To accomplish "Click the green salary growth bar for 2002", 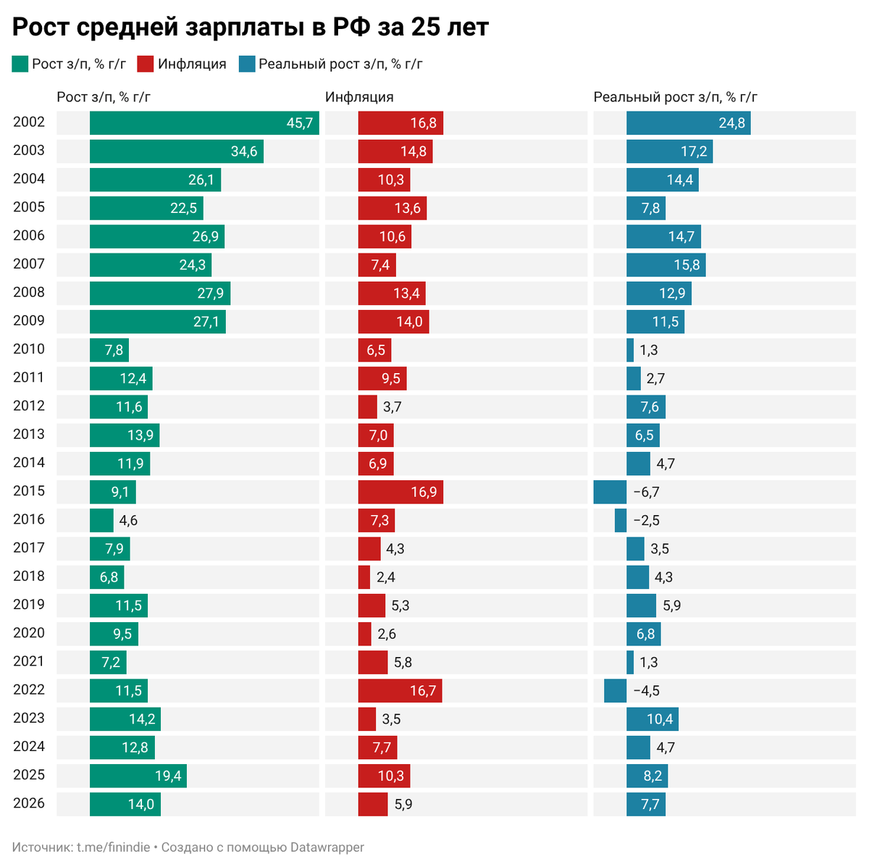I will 204,123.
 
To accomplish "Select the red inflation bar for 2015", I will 400,493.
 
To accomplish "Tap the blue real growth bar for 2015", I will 610,493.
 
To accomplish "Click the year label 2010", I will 29,349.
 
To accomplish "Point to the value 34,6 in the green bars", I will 244,152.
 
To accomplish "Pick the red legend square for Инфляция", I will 146,64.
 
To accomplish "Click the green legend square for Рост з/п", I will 20,64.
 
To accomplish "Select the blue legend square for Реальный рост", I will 247,64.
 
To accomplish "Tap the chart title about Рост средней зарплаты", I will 251,28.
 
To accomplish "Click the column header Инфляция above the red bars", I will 359,98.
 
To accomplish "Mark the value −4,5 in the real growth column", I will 646,691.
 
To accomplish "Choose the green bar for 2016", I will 101,521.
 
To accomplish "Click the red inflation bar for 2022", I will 400,691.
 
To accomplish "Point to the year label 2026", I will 29,803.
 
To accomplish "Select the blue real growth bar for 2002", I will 688,123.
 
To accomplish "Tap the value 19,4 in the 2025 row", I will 168,776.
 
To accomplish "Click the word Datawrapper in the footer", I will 327,847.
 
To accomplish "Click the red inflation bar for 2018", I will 364,577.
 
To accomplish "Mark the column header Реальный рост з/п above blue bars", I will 675,98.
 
